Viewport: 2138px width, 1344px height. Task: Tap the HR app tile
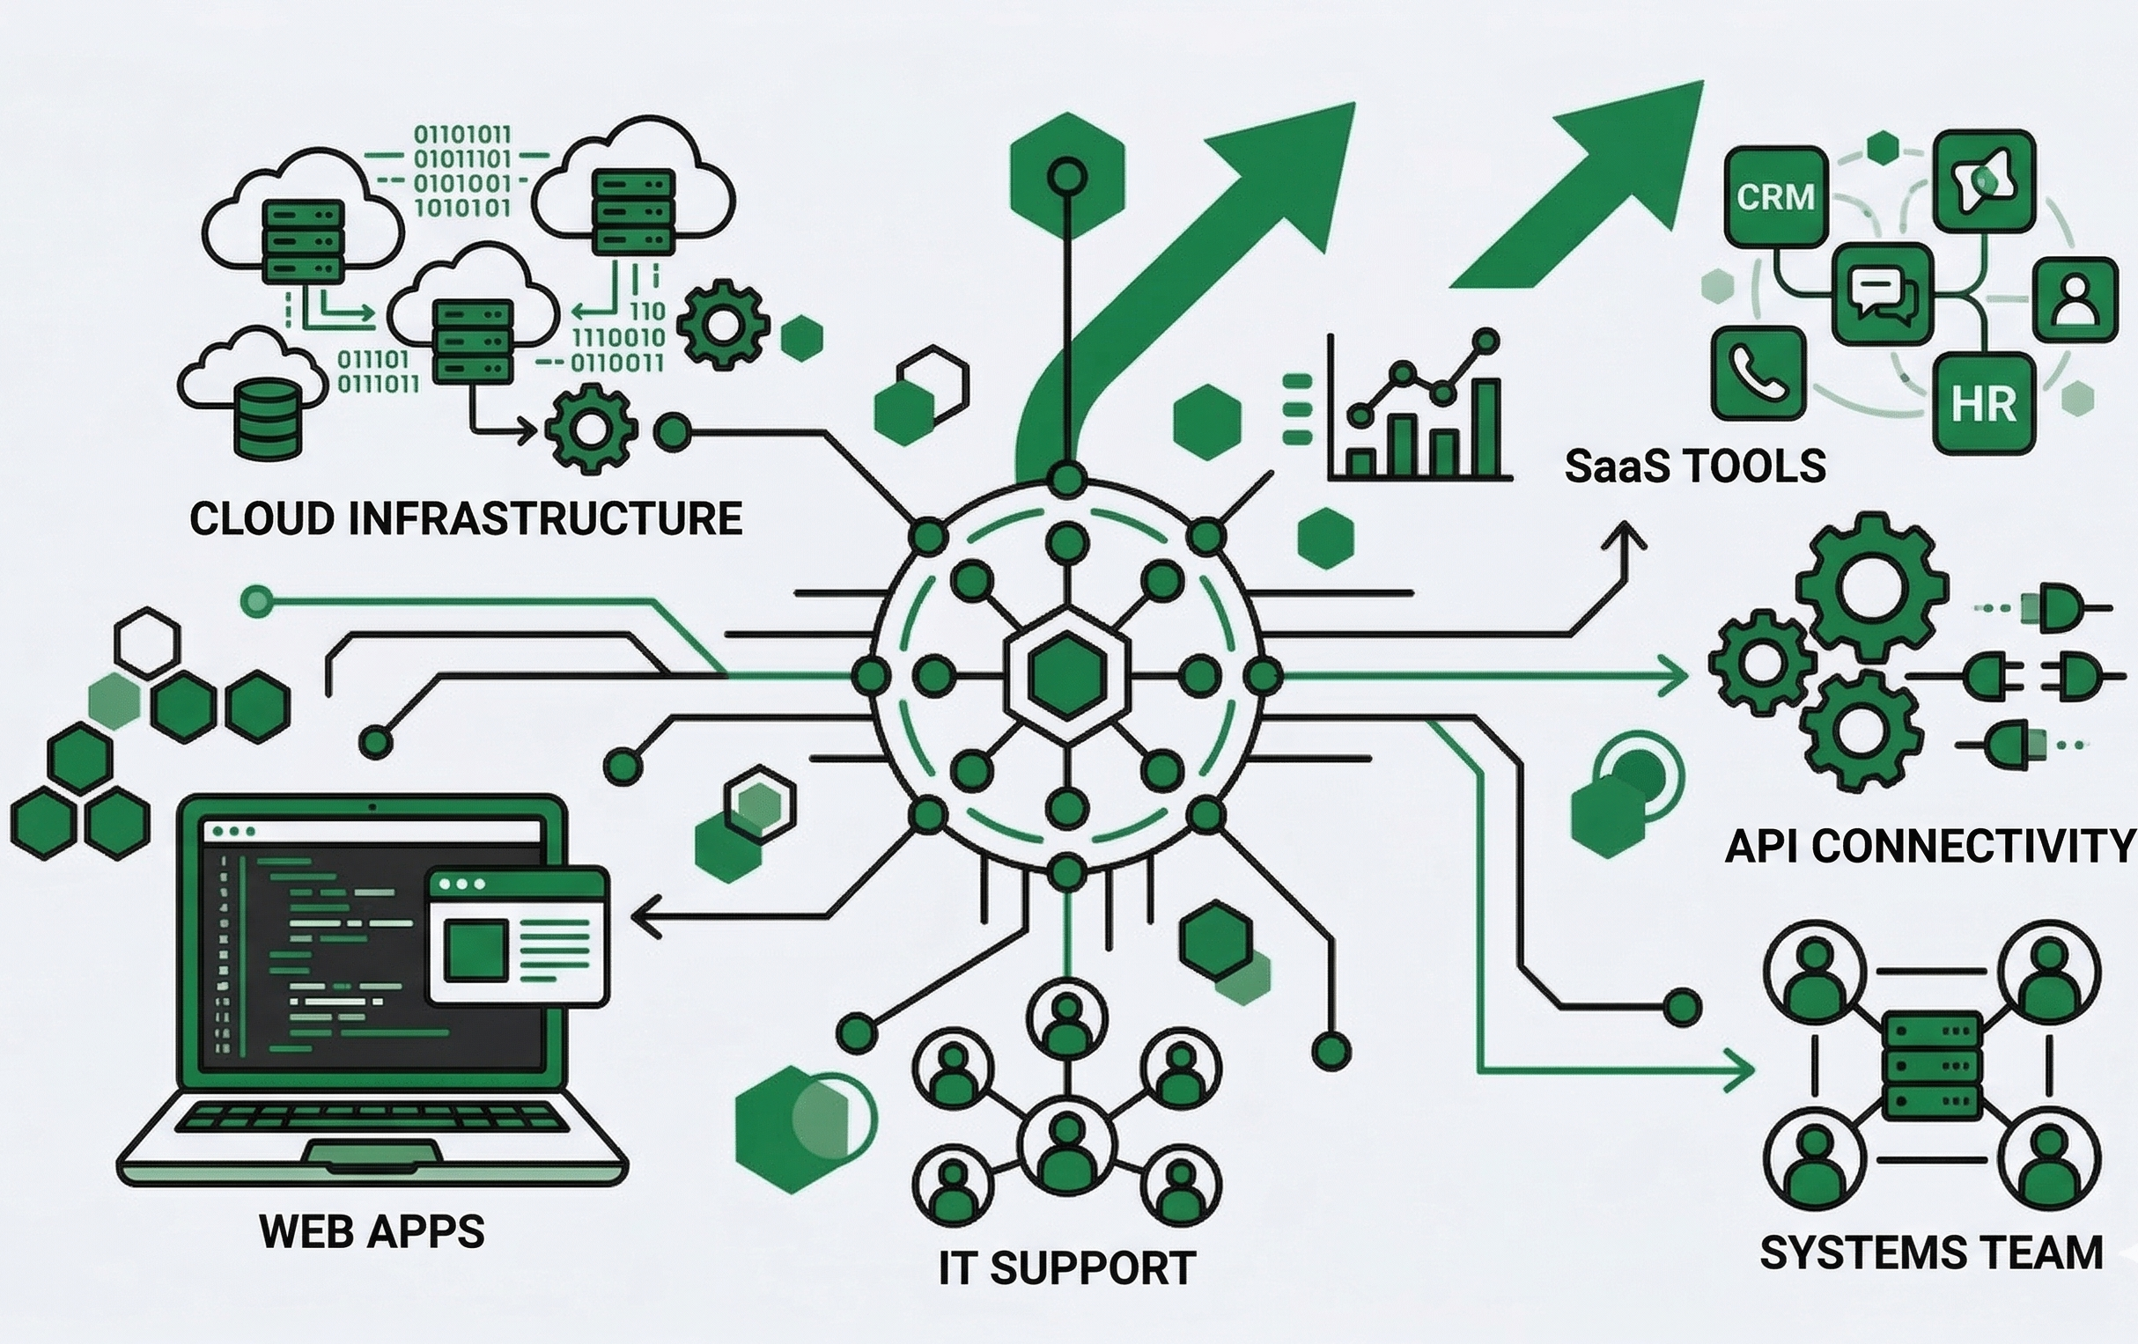[x=1984, y=404]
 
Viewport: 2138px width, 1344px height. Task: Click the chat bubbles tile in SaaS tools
[x=1883, y=294]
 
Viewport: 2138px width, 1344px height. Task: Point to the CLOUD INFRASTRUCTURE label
[x=465, y=518]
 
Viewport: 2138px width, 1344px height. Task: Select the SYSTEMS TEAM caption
[x=1930, y=1252]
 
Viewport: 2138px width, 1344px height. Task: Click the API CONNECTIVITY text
[x=1928, y=846]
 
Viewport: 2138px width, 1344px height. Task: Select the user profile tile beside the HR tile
[x=2075, y=299]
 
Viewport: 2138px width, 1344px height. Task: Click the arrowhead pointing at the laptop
[x=645, y=916]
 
